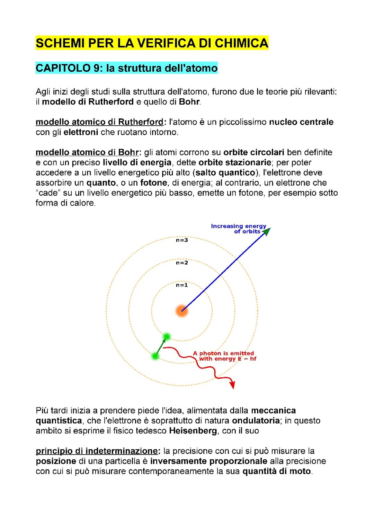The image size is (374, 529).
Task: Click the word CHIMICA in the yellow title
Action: pos(241,43)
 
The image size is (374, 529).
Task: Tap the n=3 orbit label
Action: pos(182,240)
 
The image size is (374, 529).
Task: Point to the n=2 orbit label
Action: pos(182,263)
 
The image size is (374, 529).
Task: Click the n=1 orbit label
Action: pos(182,285)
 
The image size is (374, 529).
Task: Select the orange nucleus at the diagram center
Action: pos(182,311)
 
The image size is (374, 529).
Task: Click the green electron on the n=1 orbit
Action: pos(167,336)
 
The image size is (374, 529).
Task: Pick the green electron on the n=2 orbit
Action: pos(155,356)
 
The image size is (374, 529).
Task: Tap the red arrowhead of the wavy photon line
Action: pos(232,385)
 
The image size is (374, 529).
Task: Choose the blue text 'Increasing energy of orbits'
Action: pos(239,228)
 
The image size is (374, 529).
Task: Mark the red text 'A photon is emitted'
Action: pos(223,353)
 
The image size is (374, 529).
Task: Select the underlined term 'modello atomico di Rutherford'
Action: pos(100,122)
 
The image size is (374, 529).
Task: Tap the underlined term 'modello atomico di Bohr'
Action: pos(88,152)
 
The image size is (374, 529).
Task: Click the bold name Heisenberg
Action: pos(193,431)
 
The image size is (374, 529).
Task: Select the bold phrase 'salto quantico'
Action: pos(224,172)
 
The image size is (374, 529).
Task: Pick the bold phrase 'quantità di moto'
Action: pos(276,471)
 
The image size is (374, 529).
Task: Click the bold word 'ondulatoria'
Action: pos(256,421)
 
